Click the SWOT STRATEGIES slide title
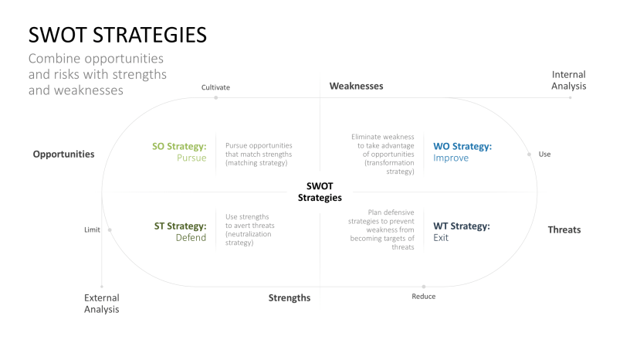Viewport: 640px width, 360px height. click(117, 35)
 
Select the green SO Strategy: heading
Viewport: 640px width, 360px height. click(179, 146)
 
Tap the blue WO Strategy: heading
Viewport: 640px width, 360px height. click(462, 146)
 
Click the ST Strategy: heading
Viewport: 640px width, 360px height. click(180, 226)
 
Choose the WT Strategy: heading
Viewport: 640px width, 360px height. click(461, 226)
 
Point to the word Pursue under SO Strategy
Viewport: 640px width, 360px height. click(191, 158)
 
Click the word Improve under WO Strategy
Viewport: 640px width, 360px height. click(450, 158)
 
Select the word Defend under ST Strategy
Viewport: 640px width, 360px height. click(191, 238)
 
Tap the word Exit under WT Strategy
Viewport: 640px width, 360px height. click(441, 238)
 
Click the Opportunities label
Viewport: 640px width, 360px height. click(63, 155)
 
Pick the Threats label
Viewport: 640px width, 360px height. click(564, 229)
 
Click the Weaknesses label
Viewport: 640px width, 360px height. click(356, 86)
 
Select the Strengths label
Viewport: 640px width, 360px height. click(290, 297)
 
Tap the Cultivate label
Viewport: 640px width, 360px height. click(215, 87)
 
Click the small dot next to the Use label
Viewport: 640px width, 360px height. click(530, 155)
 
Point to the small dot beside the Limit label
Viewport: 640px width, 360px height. click(110, 229)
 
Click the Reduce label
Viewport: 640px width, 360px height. click(423, 297)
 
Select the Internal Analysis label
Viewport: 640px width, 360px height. click(568, 80)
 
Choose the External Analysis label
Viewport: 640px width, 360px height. click(102, 303)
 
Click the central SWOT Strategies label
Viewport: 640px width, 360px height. click(320, 192)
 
